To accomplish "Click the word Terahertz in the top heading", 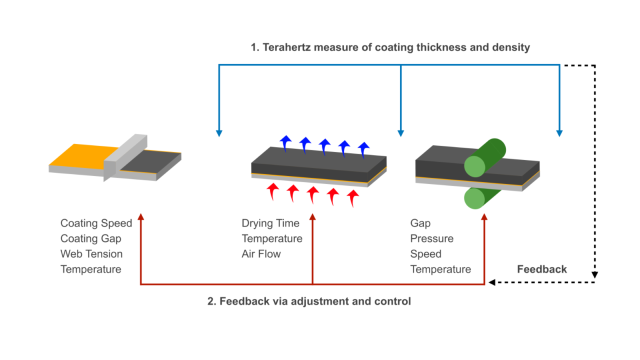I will tap(284, 48).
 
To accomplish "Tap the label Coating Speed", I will tap(96, 223).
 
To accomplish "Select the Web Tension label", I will tap(91, 254).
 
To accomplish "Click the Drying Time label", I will tap(270, 223).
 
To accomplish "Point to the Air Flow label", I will tap(261, 254).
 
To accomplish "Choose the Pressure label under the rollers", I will tap(431, 238).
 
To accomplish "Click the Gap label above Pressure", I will tap(420, 223).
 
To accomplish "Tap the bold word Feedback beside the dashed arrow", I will tap(541, 269).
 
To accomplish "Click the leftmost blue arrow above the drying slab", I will tap(285, 142).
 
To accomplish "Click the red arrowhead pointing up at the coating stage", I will tap(140, 217).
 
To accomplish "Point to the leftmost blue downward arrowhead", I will tap(218, 133).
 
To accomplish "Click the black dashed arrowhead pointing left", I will tap(492, 282).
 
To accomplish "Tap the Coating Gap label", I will tap(90, 238).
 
